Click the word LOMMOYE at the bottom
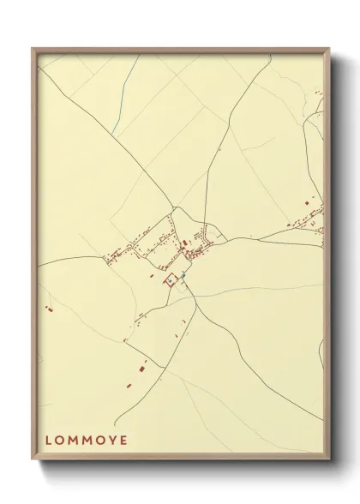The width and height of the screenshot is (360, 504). pyautogui.click(x=86, y=441)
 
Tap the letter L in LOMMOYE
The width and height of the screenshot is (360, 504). pyautogui.click(x=48, y=441)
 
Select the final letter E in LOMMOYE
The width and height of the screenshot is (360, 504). pyautogui.click(x=124, y=441)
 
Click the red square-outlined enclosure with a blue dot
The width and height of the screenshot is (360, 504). pyautogui.click(x=171, y=279)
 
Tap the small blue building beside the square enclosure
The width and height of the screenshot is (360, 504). pyautogui.click(x=183, y=275)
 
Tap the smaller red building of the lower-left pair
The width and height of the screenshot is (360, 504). pyautogui.click(x=130, y=385)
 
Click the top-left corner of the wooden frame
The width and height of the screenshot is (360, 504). pyautogui.click(x=33, y=49)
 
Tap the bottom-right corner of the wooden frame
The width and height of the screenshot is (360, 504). pyautogui.click(x=329, y=462)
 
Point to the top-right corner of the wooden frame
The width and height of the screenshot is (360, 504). pyautogui.click(x=329, y=49)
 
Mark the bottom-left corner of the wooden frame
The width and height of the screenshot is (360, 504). pyautogui.click(x=33, y=462)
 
